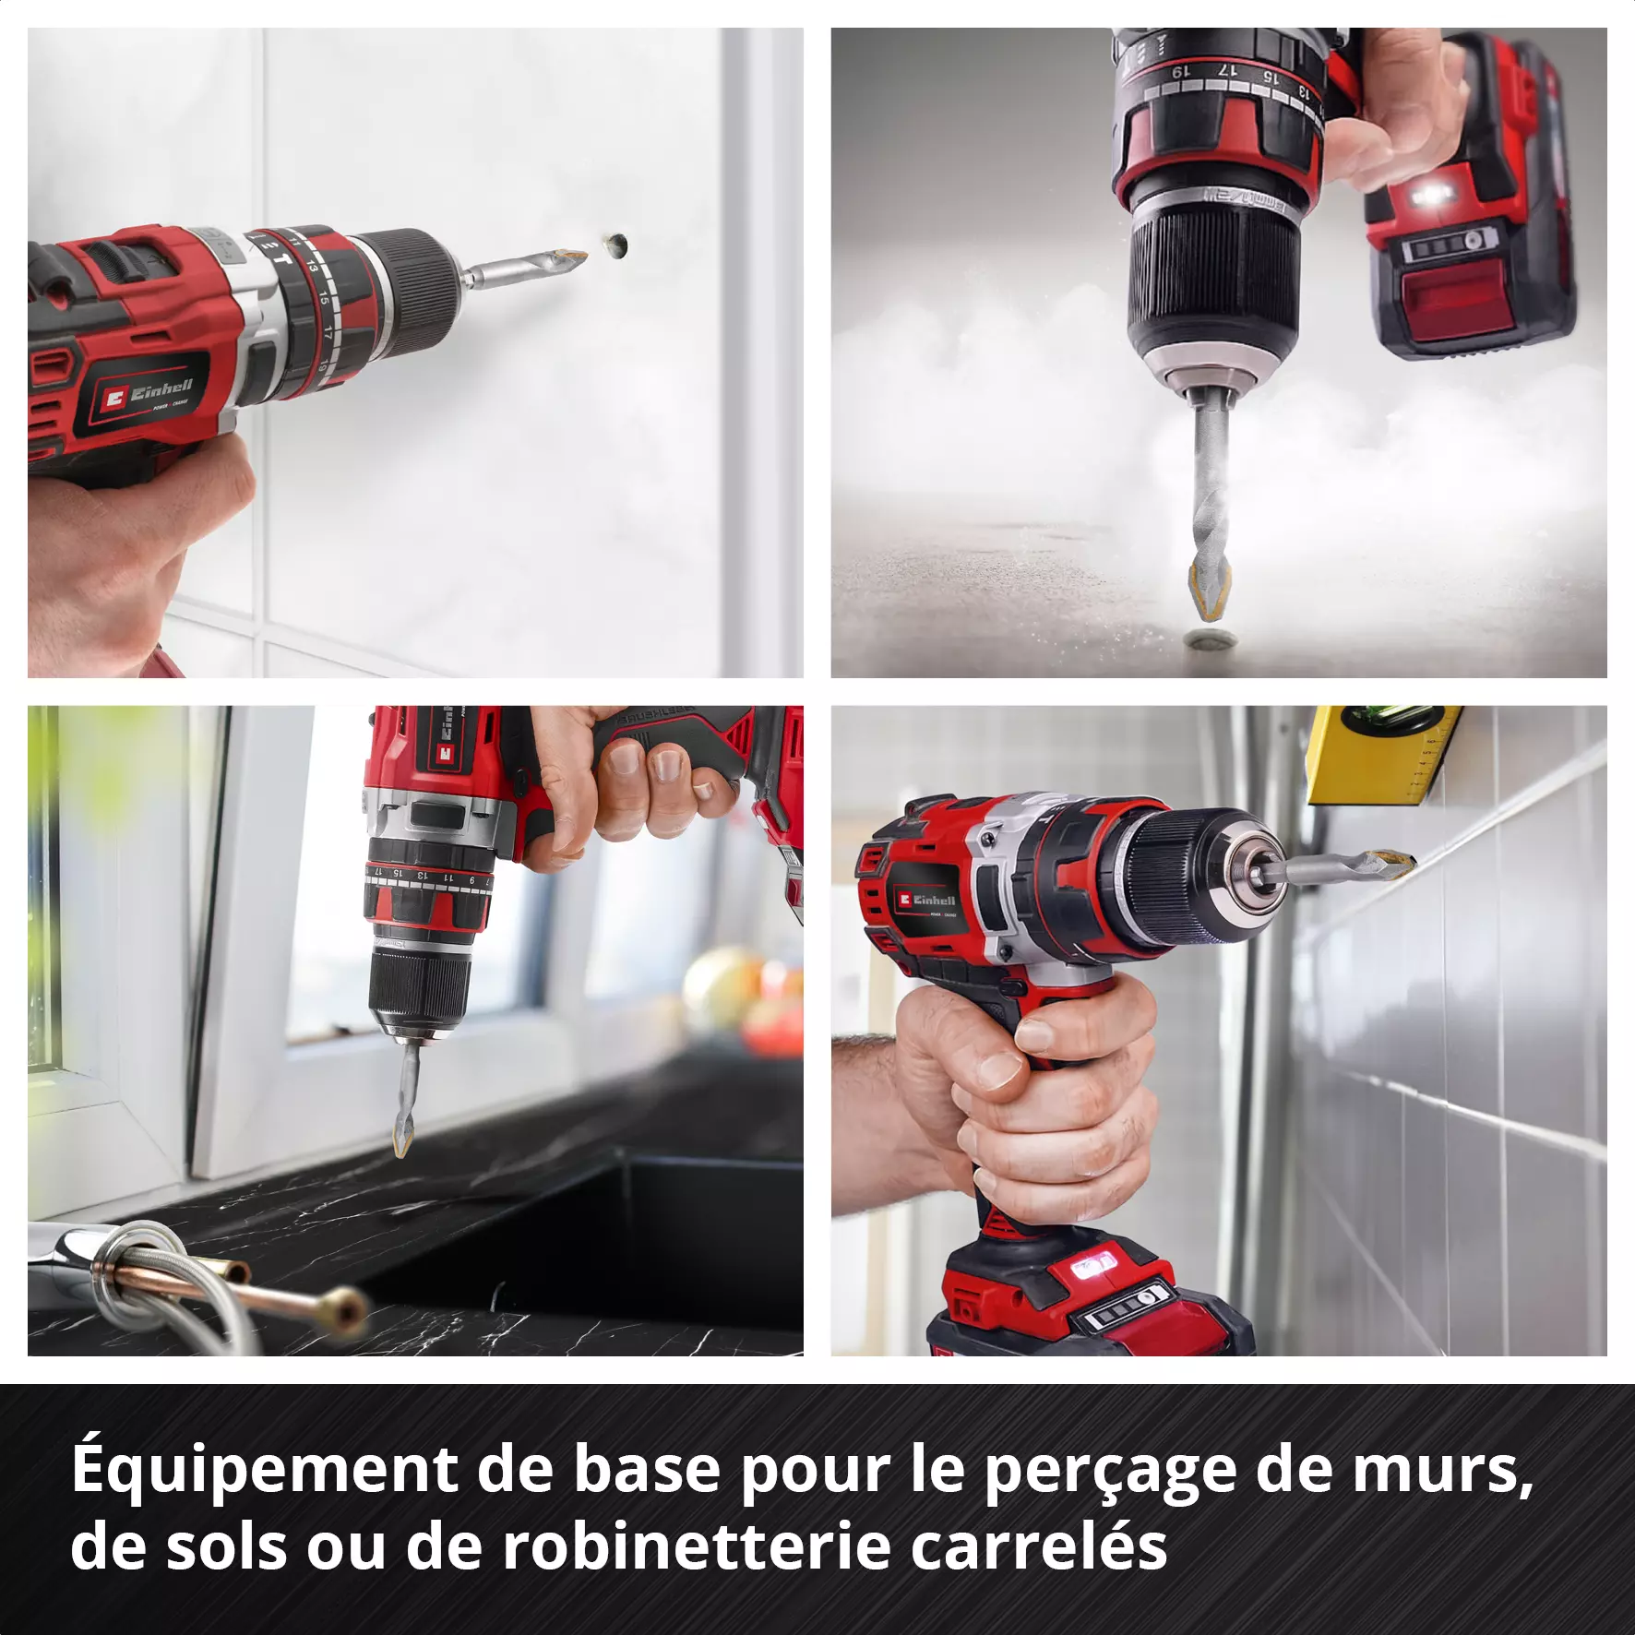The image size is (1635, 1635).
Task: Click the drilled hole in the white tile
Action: click(615, 245)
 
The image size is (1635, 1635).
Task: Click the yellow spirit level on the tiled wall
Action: click(1382, 752)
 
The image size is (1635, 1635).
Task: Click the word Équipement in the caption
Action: click(264, 1472)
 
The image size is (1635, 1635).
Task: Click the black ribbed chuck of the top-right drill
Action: click(1213, 277)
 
